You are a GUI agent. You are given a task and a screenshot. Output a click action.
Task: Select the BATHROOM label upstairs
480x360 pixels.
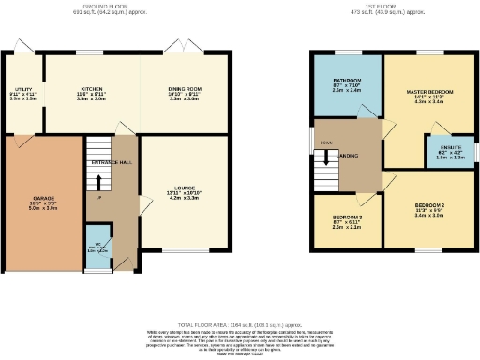346,82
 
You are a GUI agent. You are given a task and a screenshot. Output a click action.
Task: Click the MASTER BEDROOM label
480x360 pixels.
429,92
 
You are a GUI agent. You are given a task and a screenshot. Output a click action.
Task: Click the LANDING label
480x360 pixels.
348,155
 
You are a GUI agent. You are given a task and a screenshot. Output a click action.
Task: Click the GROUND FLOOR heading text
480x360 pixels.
100,5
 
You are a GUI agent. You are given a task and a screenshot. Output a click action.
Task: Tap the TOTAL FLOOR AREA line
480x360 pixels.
239,322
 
